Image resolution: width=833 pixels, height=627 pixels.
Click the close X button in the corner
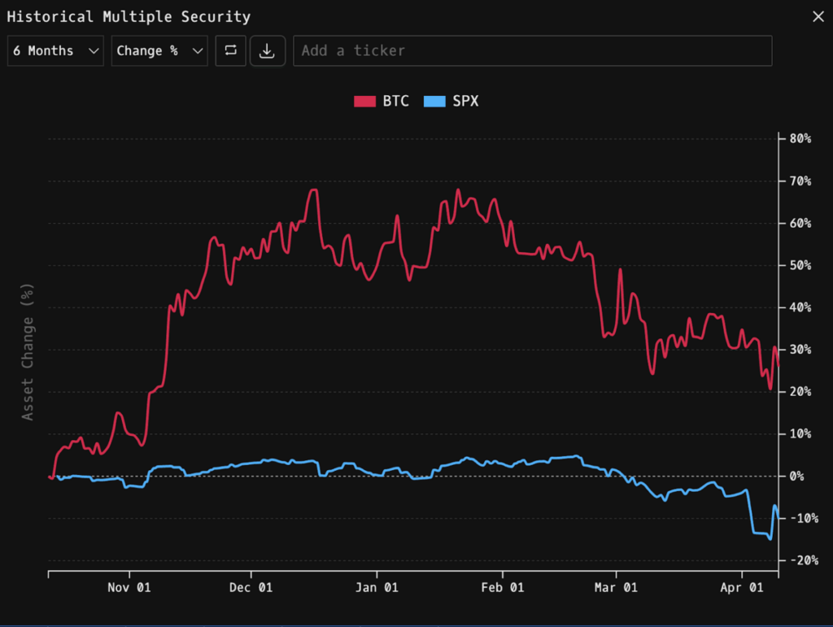(x=818, y=16)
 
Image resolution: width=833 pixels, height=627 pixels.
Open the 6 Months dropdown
(x=55, y=50)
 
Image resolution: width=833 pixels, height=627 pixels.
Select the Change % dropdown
(x=159, y=50)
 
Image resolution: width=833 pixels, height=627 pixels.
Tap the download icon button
(x=267, y=50)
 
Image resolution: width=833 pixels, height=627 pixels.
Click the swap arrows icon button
(x=231, y=50)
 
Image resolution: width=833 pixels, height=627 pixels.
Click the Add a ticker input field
(x=532, y=50)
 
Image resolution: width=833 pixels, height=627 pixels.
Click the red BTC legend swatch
(x=364, y=102)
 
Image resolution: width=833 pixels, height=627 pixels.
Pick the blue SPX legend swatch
(x=435, y=102)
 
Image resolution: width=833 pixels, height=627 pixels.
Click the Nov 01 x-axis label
(x=130, y=587)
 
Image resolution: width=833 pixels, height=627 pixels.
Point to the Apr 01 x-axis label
(x=743, y=587)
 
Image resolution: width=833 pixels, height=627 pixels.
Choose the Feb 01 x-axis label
(x=504, y=587)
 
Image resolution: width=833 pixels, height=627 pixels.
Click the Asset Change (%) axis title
(x=28, y=351)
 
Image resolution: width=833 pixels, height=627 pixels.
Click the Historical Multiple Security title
(x=129, y=16)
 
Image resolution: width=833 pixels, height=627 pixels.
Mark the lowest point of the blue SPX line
(x=770, y=538)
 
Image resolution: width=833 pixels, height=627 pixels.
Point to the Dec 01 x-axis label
(x=251, y=587)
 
